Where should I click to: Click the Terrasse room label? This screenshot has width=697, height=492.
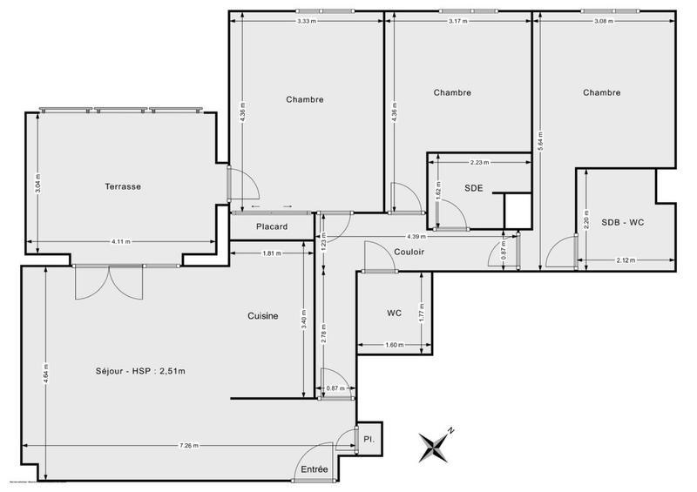point(123,186)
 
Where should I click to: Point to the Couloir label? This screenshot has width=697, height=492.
point(408,252)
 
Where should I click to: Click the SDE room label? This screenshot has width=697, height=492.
point(474,187)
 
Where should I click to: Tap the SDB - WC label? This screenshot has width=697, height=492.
point(623,222)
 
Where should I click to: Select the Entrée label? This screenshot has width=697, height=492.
point(315,469)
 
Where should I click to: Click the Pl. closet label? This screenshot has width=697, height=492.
point(369,441)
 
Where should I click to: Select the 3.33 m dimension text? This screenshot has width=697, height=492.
point(306,20)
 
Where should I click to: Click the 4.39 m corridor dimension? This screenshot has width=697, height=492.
point(416,237)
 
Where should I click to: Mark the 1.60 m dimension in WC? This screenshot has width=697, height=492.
point(394,345)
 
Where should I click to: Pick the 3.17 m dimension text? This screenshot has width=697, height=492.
point(457,20)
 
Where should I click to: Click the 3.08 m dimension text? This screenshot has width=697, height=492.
point(605,20)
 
